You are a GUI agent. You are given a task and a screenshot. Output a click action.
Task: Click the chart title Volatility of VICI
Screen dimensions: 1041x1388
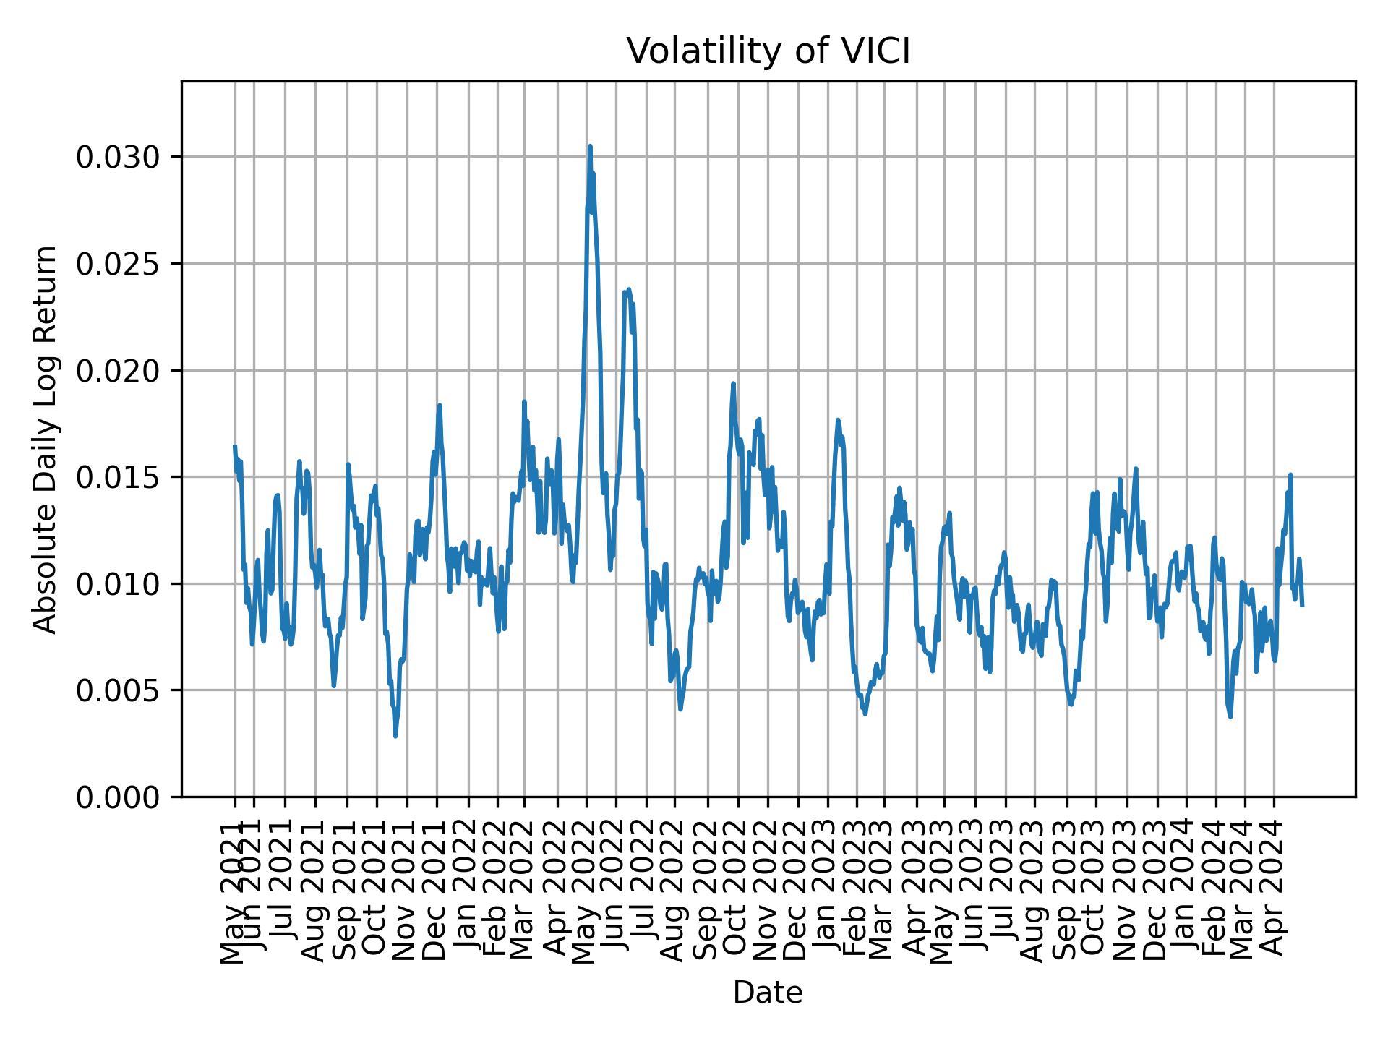tap(768, 51)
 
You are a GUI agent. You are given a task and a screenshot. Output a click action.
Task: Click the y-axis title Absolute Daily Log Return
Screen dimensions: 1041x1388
tap(46, 439)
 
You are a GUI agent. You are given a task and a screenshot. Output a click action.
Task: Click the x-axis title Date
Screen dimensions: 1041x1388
tap(768, 993)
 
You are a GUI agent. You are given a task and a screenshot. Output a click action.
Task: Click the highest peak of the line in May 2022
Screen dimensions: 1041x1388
tap(590, 146)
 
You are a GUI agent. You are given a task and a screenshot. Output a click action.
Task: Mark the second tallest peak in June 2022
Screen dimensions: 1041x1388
tap(628, 289)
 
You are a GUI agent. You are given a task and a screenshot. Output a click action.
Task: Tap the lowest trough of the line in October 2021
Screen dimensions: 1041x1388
tap(395, 736)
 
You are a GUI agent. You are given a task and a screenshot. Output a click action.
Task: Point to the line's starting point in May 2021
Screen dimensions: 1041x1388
tap(235, 447)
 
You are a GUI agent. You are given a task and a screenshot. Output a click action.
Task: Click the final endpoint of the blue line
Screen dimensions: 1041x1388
tap(1302, 605)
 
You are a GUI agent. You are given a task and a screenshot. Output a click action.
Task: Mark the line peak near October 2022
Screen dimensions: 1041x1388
tap(733, 384)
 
